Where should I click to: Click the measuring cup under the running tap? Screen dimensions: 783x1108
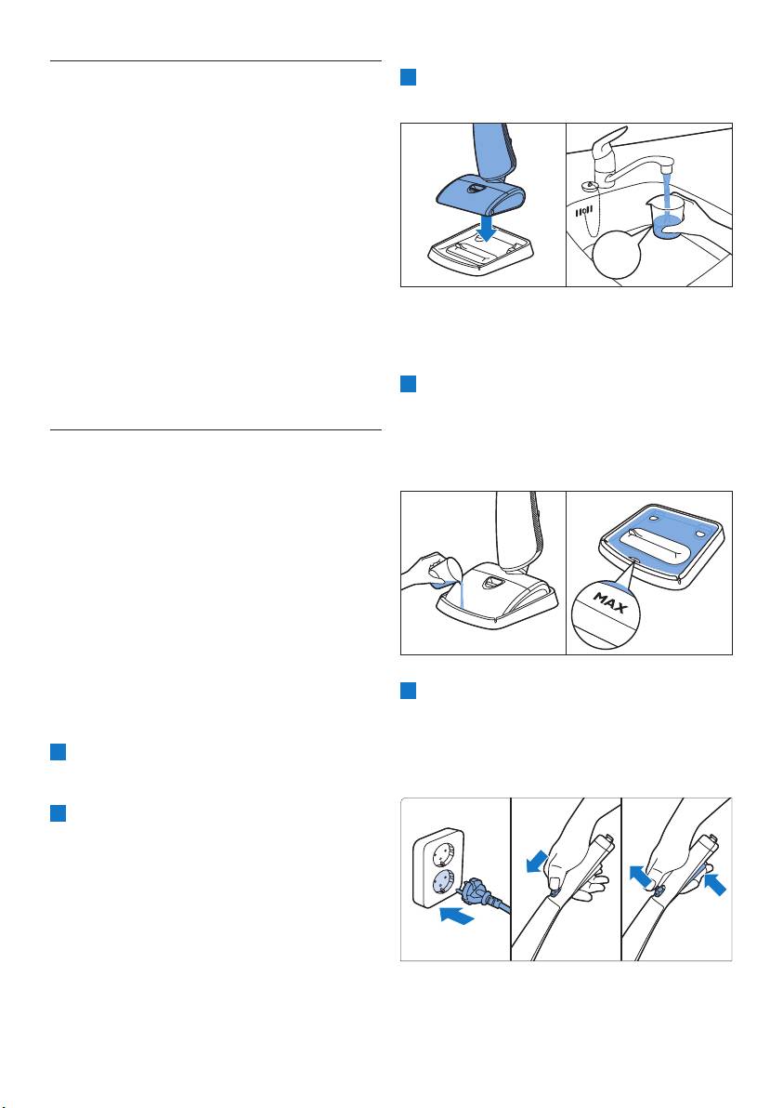click(665, 218)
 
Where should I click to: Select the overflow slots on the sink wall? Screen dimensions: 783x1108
click(581, 211)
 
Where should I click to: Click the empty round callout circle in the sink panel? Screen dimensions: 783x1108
click(617, 255)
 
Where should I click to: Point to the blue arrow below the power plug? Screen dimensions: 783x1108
click(455, 917)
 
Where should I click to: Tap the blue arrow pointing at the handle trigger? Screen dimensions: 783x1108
click(714, 883)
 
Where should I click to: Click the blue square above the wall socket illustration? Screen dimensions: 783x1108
click(408, 691)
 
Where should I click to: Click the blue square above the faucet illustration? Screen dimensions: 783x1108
click(408, 77)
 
